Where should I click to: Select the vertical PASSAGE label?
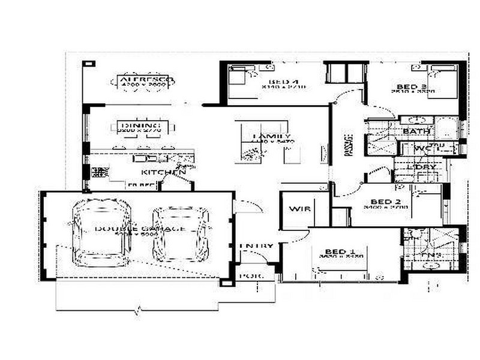[348, 144]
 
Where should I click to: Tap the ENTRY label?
[256, 246]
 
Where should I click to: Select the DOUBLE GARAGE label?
[139, 229]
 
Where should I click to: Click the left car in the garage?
[101, 233]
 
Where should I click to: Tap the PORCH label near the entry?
[249, 277]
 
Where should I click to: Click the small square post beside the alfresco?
[89, 63]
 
